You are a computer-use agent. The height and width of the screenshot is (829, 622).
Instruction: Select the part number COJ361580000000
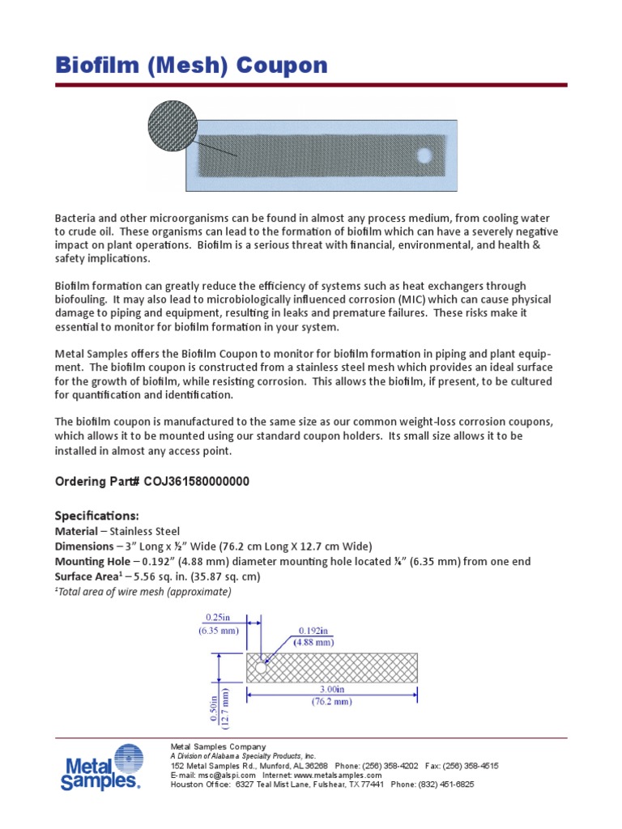[x=197, y=482]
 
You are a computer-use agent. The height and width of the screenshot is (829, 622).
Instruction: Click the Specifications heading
[x=96, y=516]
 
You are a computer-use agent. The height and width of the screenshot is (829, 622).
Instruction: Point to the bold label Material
[x=76, y=531]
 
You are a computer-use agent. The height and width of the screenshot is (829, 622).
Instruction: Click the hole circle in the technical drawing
[x=261, y=669]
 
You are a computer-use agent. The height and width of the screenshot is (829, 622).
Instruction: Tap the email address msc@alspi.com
[x=215, y=775]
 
